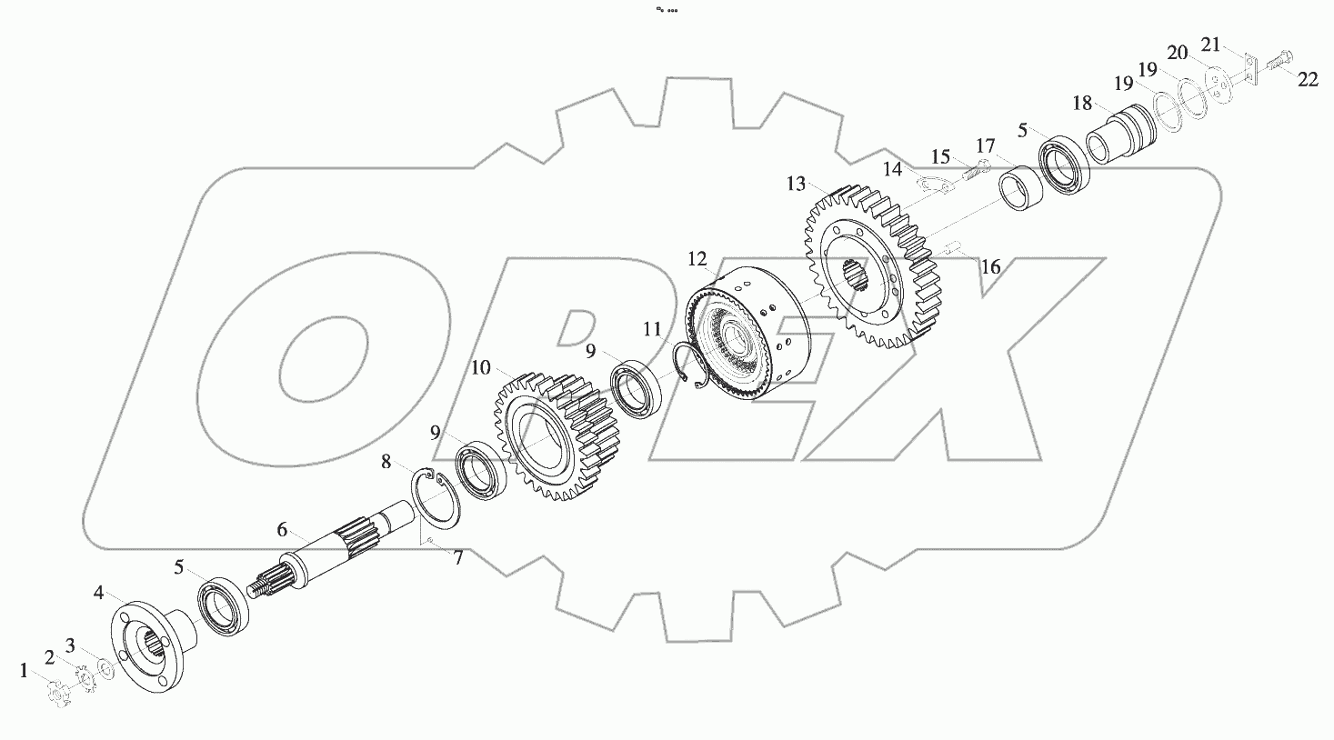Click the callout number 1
point(25,672)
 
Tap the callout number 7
point(458,559)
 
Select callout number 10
point(481,368)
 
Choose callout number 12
point(697,260)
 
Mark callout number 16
point(990,267)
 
